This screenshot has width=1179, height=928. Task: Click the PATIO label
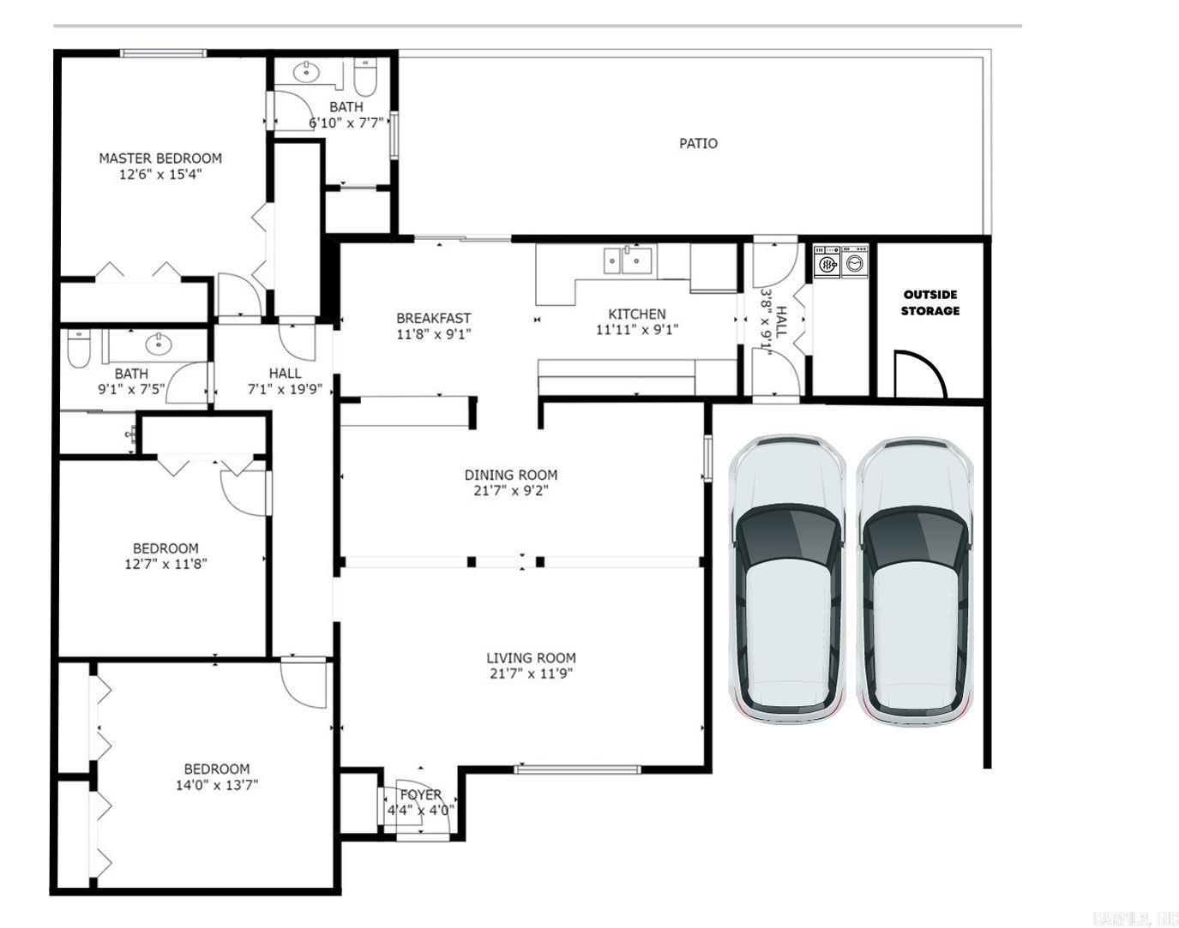pyautogui.click(x=698, y=143)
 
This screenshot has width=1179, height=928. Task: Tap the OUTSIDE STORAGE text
pyautogui.click(x=930, y=302)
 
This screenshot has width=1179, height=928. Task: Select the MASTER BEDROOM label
pyautogui.click(x=160, y=159)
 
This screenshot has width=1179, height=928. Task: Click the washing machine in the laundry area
pyautogui.click(x=827, y=261)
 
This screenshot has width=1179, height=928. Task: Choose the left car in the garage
pyautogui.click(x=787, y=580)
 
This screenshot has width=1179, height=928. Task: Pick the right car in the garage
pyautogui.click(x=915, y=582)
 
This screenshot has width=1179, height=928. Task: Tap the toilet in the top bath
pyautogui.click(x=365, y=76)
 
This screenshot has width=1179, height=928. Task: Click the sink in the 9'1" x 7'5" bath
pyautogui.click(x=159, y=344)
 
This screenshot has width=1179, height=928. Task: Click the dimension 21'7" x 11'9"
pyautogui.click(x=531, y=674)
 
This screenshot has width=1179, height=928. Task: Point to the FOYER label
pyautogui.click(x=421, y=794)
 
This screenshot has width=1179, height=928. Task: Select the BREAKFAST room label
pyautogui.click(x=433, y=318)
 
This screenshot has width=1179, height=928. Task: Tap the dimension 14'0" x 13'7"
pyautogui.click(x=217, y=785)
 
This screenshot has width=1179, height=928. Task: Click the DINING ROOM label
pyautogui.click(x=510, y=475)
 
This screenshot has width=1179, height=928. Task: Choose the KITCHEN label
pyautogui.click(x=636, y=314)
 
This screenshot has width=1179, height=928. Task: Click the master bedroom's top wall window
pyautogui.click(x=163, y=53)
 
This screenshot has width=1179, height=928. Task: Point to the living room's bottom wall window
pyautogui.click(x=577, y=769)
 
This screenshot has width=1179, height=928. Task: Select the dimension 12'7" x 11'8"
pyautogui.click(x=165, y=564)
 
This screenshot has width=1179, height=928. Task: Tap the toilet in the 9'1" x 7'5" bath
pyautogui.click(x=78, y=348)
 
